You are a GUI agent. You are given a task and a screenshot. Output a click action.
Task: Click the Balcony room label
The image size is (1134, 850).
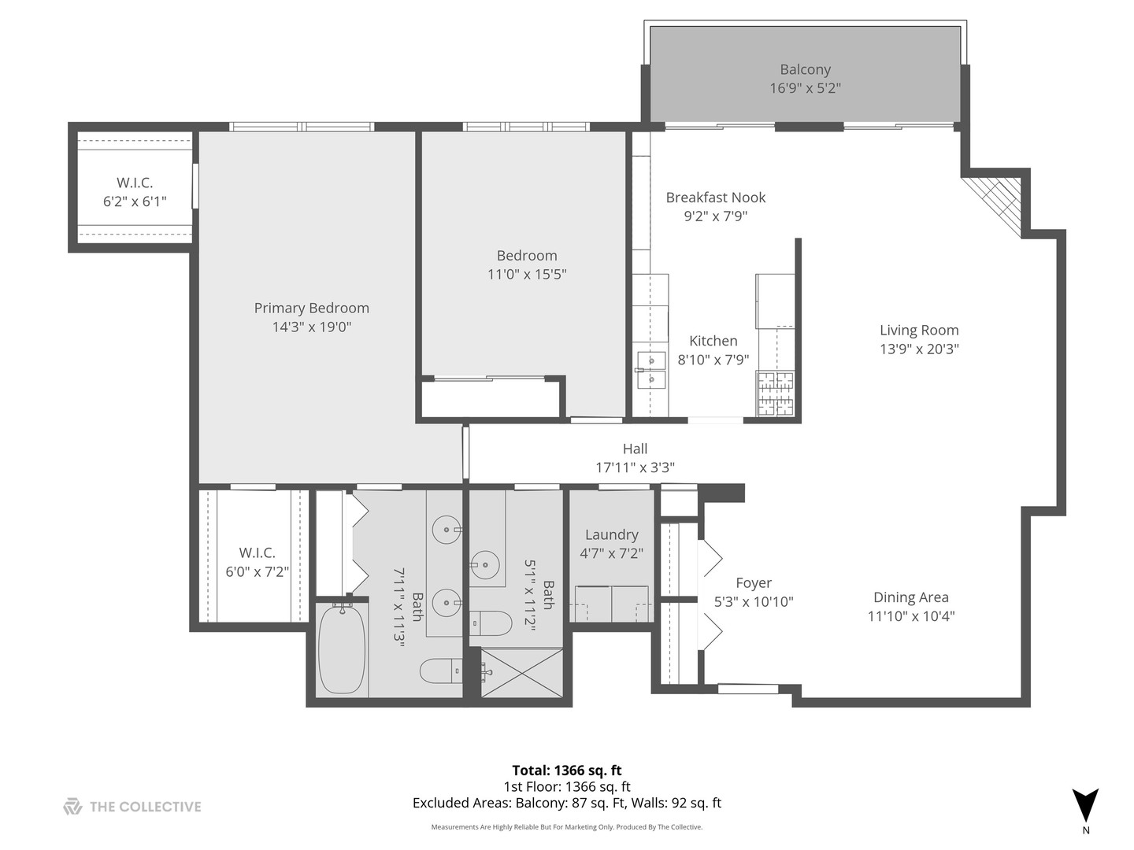tap(805, 70)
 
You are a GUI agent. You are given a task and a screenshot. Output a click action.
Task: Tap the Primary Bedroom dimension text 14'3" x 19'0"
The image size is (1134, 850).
tap(311, 327)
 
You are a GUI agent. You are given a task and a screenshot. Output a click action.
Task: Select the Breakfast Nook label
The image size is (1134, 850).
tap(715, 198)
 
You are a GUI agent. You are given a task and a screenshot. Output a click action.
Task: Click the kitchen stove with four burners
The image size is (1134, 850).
tap(776, 394)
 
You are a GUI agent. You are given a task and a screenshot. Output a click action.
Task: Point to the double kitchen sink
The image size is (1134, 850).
tap(651, 371)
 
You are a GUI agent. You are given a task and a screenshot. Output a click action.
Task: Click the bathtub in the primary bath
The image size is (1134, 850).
tap(342, 649)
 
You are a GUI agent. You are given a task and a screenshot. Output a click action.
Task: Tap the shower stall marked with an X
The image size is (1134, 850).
tap(522, 673)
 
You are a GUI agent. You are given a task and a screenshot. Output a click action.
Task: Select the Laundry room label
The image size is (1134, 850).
tap(611, 534)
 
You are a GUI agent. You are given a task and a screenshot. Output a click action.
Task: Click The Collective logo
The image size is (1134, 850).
tap(132, 807)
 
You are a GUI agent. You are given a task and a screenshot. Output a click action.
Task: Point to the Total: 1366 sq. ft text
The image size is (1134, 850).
tap(567, 771)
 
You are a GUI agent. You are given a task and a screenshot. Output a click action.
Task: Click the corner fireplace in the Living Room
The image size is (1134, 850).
tap(996, 201)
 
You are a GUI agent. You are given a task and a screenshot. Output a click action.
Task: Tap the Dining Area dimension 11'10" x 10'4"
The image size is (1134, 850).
tap(911, 616)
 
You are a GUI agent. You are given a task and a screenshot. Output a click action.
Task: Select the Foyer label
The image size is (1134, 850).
tap(754, 583)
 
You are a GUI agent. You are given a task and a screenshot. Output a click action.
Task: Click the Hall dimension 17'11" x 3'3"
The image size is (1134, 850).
tap(635, 468)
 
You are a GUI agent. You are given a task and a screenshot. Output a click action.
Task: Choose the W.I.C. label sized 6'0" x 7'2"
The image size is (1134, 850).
tap(257, 552)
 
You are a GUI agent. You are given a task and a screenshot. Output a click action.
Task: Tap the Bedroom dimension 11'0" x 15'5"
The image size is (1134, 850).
tap(527, 275)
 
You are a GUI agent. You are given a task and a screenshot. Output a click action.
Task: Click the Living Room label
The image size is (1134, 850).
tap(919, 331)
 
